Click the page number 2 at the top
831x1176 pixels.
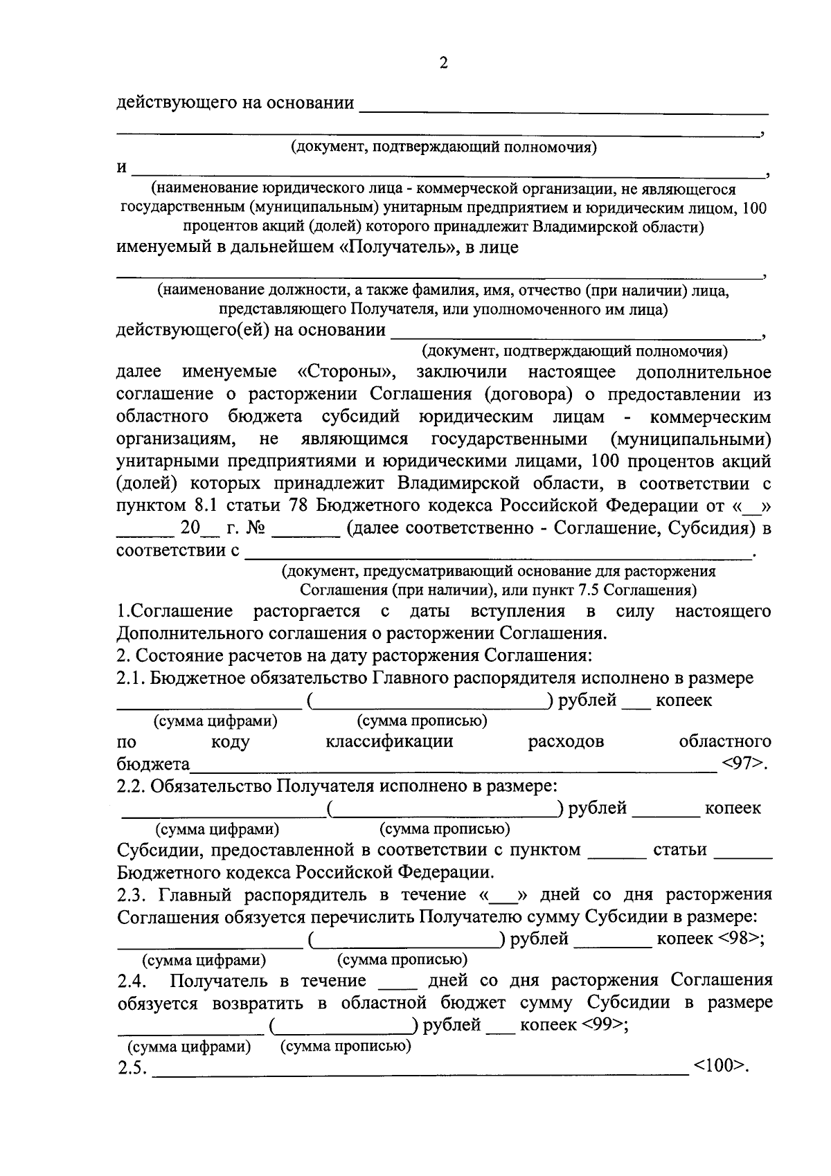coord(443,64)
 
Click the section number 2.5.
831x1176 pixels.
coord(132,1069)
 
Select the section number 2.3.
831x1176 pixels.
coord(133,895)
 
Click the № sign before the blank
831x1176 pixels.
coord(256,529)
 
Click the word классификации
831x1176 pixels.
coord(389,742)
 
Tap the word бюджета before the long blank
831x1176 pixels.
coord(153,765)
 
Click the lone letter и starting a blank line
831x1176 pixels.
coord(122,168)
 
